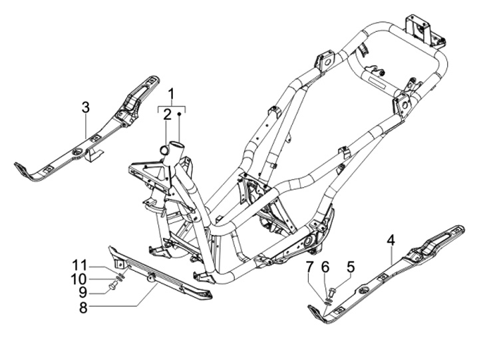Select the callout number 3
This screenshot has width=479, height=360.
[86, 107]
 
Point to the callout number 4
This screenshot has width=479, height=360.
[391, 239]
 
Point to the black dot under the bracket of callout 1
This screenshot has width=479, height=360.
[179, 114]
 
